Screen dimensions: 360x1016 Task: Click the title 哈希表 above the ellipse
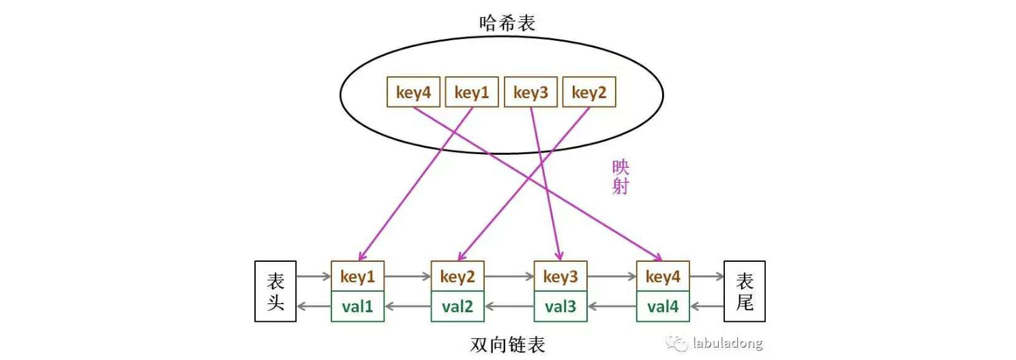tap(507, 23)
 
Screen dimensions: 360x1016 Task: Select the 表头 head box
tap(275, 291)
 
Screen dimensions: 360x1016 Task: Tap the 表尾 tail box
tap(745, 291)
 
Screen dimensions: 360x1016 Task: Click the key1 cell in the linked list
tap(358, 277)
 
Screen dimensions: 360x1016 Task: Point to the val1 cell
tap(358, 307)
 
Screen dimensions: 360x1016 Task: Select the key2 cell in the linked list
tap(458, 277)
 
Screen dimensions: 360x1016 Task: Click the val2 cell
tap(458, 307)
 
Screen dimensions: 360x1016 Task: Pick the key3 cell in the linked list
tap(561, 277)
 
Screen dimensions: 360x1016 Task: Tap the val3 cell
tap(561, 307)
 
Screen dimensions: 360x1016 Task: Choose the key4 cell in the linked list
tap(663, 277)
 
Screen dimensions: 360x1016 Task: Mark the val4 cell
tap(663, 307)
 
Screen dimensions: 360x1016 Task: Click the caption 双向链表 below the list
tap(508, 345)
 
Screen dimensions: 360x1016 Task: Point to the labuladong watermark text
tap(727, 343)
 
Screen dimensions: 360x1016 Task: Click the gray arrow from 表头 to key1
tap(314, 277)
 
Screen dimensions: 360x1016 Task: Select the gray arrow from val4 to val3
tap(612, 307)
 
